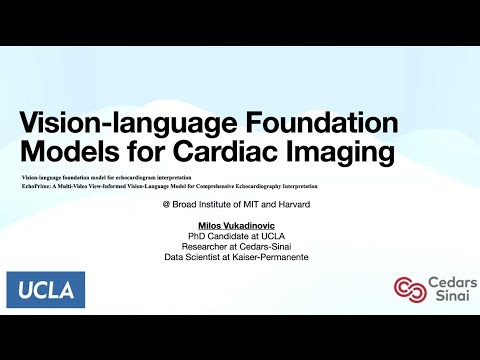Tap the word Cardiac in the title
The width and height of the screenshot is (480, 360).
(246, 156)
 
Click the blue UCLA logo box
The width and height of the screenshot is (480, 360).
(45, 290)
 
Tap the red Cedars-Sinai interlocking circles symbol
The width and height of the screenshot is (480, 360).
(407, 289)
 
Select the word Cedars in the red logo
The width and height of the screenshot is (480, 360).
(446, 282)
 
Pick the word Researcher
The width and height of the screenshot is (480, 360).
(209, 246)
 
